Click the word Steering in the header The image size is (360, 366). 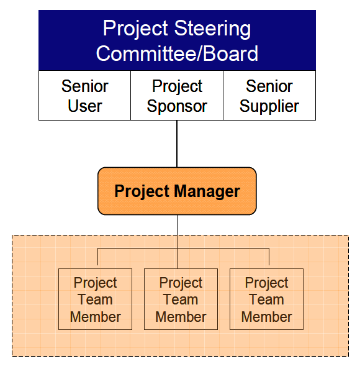click(x=212, y=29)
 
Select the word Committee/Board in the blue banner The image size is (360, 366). click(x=177, y=53)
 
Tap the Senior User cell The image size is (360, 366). click(x=84, y=96)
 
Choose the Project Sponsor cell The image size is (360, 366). click(x=177, y=96)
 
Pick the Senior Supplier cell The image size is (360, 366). click(x=269, y=96)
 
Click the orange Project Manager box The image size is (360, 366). click(x=177, y=191)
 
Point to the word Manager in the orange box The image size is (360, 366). click(x=207, y=191)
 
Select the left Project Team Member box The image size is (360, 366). click(x=95, y=299)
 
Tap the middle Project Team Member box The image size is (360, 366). click(x=181, y=299)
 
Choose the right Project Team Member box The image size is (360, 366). click(x=266, y=299)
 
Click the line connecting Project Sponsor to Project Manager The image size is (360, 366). click(x=177, y=144)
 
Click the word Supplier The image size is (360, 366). click(x=269, y=107)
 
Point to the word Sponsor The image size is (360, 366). click(x=177, y=107)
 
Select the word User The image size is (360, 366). click(x=85, y=106)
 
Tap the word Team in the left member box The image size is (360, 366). click(x=95, y=300)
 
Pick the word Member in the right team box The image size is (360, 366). click(x=266, y=317)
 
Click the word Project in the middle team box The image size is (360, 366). click(x=181, y=283)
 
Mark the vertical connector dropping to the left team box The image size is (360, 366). click(x=97, y=257)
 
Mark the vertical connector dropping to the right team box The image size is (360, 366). click(x=269, y=257)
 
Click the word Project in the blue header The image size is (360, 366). click(x=135, y=29)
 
